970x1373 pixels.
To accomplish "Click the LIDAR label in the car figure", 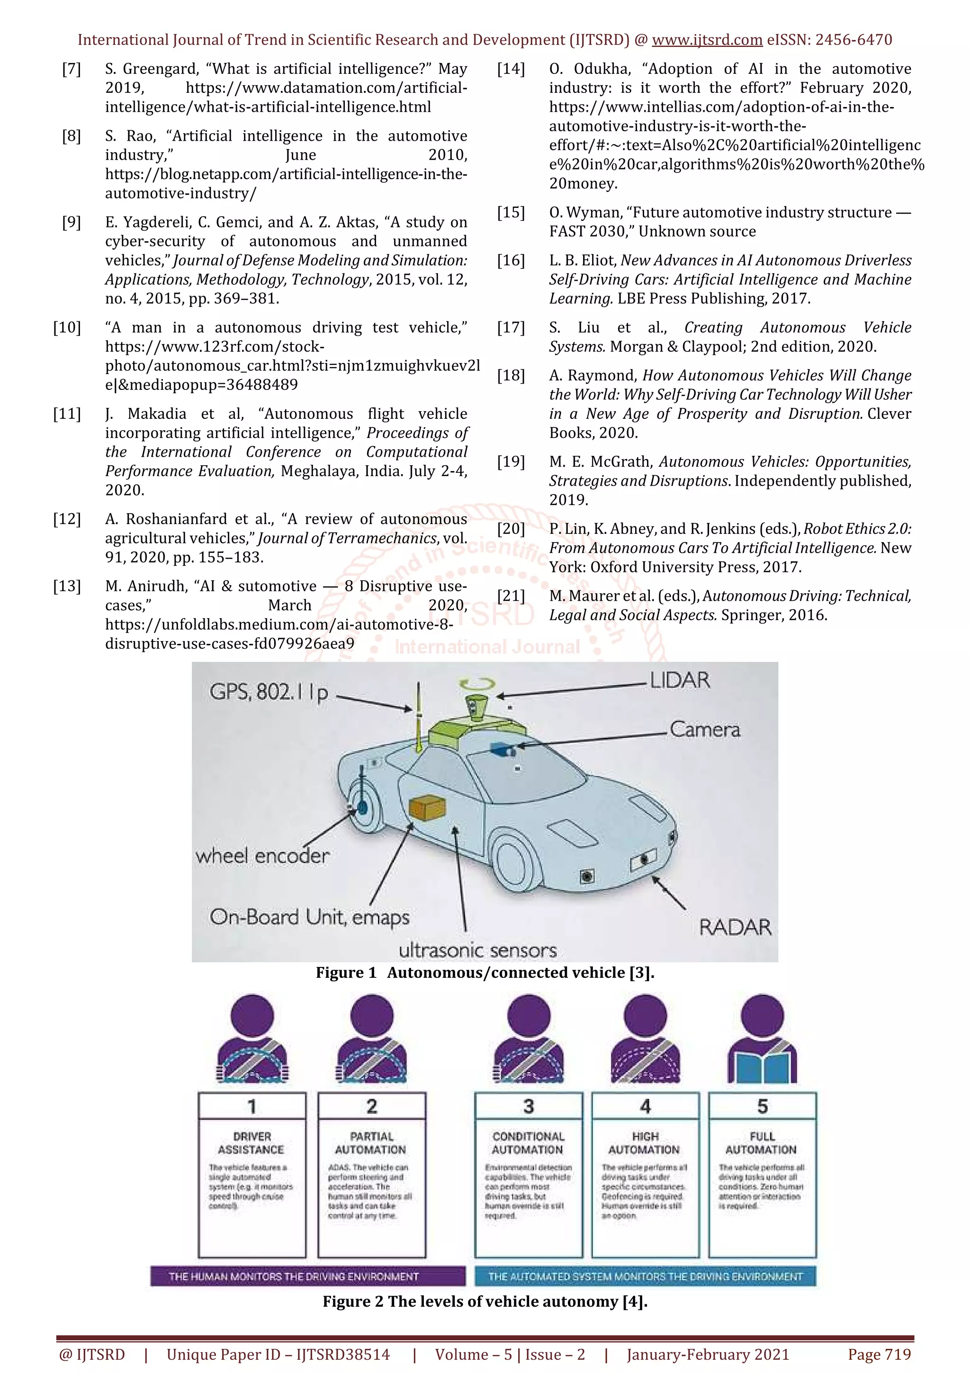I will pyautogui.click(x=680, y=680).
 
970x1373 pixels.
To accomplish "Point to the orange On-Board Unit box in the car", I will pyautogui.click(x=427, y=808).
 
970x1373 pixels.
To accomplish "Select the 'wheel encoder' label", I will pyautogui.click(x=262, y=856).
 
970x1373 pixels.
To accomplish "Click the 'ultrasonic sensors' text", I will pyautogui.click(x=477, y=950).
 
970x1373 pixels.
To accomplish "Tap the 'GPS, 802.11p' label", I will pyautogui.click(x=269, y=693).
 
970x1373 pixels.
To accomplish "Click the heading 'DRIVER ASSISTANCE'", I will pyautogui.click(x=251, y=1142).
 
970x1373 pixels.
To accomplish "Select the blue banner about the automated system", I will pyautogui.click(x=645, y=1276).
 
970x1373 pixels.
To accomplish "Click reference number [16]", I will pyautogui.click(x=511, y=261).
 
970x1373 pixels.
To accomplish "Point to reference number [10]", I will pyautogui.click(x=67, y=328).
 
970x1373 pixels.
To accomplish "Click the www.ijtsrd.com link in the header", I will pyautogui.click(x=707, y=40).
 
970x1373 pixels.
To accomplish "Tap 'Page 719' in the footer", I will pyautogui.click(x=879, y=1354).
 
